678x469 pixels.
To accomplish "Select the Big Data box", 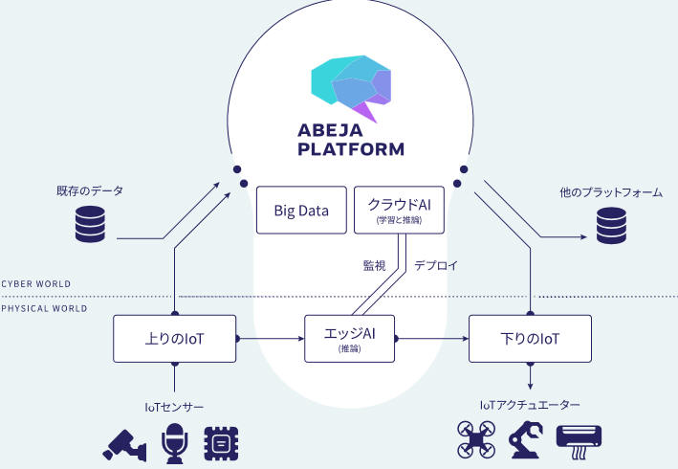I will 301,210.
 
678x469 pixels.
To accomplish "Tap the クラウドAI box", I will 399,210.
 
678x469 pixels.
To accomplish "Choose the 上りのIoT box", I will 175,338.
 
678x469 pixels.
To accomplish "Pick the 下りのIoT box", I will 530,338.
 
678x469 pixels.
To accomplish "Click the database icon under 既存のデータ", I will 90,226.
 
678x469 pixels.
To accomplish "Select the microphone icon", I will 174,443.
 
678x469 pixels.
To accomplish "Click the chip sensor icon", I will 221,443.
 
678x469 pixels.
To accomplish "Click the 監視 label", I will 373,265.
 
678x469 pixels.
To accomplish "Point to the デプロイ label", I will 436,265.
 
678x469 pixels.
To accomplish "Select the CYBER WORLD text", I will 35,284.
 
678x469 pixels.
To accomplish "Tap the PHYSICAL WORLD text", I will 43,309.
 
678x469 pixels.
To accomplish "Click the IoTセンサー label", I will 174,407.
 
